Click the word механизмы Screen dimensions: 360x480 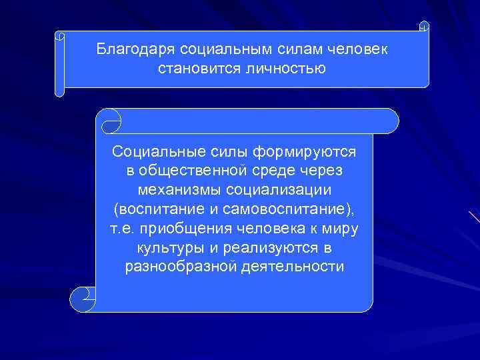point(175,191)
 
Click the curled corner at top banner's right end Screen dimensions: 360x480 point(424,27)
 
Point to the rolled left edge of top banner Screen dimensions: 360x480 point(59,64)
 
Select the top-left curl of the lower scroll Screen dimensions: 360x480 point(109,120)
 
